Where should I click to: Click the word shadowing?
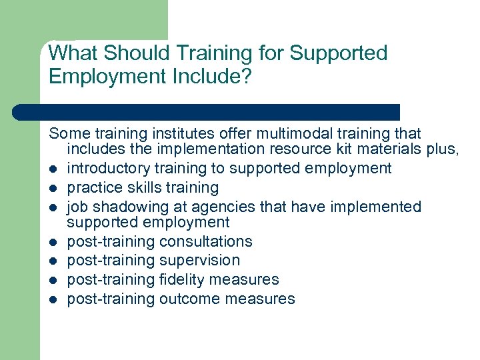[123, 207]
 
